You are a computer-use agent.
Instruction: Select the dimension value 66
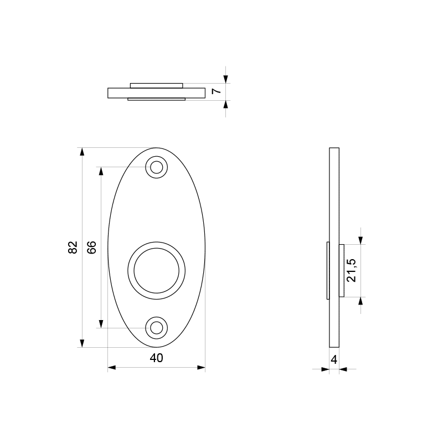tap(92, 248)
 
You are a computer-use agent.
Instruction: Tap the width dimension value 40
tap(157, 358)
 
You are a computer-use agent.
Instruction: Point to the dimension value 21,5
tap(351, 270)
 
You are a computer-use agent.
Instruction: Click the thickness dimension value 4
tap(334, 359)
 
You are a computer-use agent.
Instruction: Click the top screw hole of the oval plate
tap(157, 167)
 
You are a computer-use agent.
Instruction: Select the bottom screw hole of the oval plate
tap(157, 327)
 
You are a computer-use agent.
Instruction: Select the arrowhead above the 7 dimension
tap(225, 79)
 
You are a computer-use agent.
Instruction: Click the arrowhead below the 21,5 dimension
tap(360, 301)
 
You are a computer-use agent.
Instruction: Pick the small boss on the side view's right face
tap(342, 271)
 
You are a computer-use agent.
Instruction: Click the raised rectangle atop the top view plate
tap(156, 85)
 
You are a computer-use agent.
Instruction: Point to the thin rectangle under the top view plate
tap(156, 100)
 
